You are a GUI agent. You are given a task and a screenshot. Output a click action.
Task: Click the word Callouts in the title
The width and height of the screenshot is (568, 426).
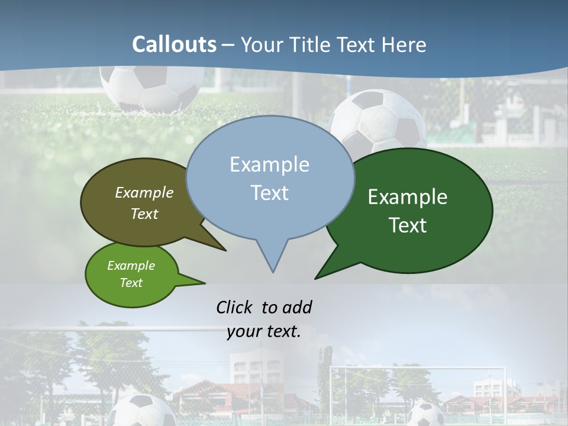click(x=174, y=44)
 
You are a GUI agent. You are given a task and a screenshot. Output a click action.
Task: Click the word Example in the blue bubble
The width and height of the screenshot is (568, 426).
click(x=269, y=164)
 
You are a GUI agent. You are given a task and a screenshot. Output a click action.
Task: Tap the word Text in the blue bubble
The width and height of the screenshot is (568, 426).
click(x=269, y=193)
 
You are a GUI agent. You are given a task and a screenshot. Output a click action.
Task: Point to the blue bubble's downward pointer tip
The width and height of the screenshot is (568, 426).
click(x=273, y=272)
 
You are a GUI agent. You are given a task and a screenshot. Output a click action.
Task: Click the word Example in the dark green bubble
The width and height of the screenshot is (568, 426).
click(x=408, y=197)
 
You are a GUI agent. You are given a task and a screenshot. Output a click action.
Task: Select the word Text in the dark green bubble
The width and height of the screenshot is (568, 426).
click(x=408, y=225)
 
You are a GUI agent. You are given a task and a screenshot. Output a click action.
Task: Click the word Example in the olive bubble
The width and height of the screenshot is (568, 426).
click(x=144, y=192)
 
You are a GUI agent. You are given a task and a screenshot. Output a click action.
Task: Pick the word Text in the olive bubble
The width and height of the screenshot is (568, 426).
click(x=144, y=214)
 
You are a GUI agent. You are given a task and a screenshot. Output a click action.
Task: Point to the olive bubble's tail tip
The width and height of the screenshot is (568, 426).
click(x=225, y=250)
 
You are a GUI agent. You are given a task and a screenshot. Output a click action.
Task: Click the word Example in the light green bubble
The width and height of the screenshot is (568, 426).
click(x=131, y=266)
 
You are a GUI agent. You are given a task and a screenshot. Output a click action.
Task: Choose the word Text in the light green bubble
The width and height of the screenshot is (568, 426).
click(x=131, y=283)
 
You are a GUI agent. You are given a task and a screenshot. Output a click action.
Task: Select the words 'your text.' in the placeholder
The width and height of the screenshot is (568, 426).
click(x=264, y=331)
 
